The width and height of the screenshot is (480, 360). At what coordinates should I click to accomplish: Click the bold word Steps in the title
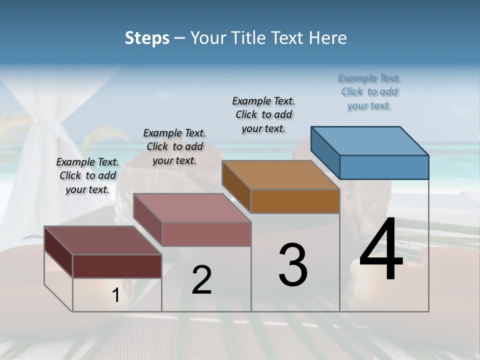point(147,38)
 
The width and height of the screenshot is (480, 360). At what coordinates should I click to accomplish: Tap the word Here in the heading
point(328,38)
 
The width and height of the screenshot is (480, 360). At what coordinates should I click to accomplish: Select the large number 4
point(381,250)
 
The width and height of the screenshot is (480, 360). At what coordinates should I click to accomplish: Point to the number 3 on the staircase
point(293,265)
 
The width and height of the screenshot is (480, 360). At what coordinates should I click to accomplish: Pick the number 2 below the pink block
point(201,280)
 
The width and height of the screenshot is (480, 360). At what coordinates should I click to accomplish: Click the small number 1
point(116,295)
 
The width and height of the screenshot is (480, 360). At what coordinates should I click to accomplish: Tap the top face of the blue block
point(370,140)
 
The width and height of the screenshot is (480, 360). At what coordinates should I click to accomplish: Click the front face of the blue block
point(384,167)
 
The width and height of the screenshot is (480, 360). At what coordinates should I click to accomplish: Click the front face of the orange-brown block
point(295,201)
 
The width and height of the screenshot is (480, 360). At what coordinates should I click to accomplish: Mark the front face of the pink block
point(206,234)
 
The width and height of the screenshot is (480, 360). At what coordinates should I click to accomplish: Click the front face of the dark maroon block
point(117,266)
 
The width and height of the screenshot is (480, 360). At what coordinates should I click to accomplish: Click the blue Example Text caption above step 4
point(369,92)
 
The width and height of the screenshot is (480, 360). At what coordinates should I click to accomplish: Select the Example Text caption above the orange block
point(264,114)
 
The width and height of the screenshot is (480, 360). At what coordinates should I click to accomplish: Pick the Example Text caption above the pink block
point(174,146)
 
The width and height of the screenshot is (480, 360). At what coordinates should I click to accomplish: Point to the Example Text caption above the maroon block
point(87,175)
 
